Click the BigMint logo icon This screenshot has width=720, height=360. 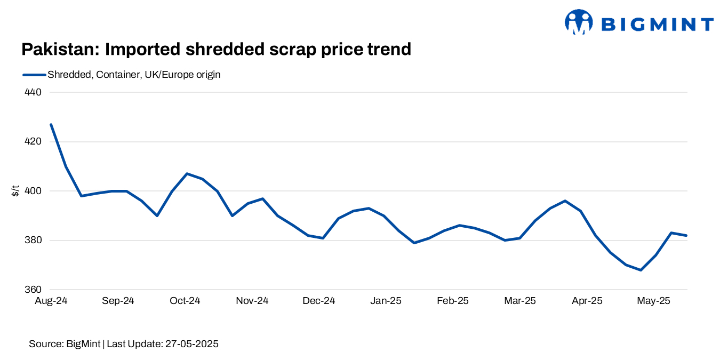[x=579, y=22]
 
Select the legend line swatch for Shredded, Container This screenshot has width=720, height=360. [x=35, y=75]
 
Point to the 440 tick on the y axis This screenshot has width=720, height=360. [x=33, y=92]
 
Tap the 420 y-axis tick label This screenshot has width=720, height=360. [x=33, y=142]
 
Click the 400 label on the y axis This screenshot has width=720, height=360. [x=33, y=191]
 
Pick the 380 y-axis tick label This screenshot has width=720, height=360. [x=33, y=241]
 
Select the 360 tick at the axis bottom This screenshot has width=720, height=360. [x=33, y=290]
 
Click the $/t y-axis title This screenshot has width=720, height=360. [x=15, y=191]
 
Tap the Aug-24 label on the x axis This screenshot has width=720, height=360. [x=51, y=301]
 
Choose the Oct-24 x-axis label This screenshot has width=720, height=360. [x=185, y=301]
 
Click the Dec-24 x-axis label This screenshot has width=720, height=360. [x=318, y=301]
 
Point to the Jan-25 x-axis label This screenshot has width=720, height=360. [x=386, y=301]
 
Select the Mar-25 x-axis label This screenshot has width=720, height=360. [x=519, y=301]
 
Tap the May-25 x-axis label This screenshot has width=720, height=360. [x=654, y=301]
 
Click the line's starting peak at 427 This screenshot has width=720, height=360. [x=51, y=124]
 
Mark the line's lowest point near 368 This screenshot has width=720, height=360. [x=641, y=270]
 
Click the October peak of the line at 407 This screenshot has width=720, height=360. [x=187, y=173]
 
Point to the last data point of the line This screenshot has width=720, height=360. [x=687, y=235]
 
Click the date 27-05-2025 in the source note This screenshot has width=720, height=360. [x=191, y=344]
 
